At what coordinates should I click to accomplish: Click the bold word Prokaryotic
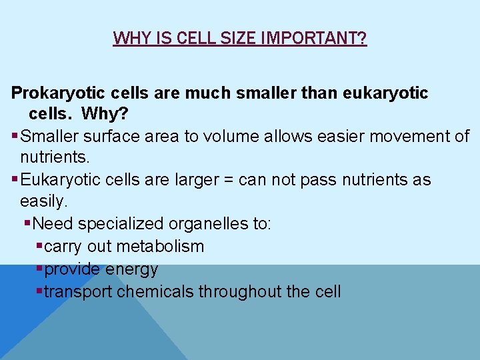(55, 93)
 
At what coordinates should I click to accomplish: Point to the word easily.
(43, 201)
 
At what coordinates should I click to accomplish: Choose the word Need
(51, 223)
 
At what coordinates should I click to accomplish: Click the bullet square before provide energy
(39, 269)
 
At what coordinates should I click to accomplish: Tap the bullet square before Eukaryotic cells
(15, 180)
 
